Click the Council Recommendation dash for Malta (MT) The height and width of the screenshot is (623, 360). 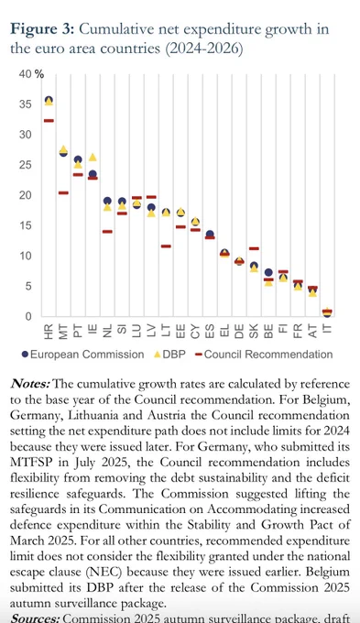[63, 192]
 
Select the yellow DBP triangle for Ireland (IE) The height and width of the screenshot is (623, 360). [93, 158]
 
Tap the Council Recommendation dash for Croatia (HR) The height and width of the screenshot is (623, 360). [49, 120]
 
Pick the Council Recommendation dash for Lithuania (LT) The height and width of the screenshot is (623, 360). [166, 246]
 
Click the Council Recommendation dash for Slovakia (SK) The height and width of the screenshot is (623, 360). [254, 248]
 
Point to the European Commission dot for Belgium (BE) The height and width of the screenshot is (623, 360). [268, 273]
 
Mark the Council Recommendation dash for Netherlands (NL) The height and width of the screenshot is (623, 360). [107, 231]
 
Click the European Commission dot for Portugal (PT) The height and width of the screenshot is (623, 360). [78, 159]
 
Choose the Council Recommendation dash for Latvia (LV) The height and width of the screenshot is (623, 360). [151, 197]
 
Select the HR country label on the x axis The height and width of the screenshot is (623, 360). [49, 333]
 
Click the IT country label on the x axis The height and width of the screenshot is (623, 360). [327, 330]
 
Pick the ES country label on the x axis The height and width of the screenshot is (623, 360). [210, 332]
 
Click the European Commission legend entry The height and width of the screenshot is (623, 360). [82, 355]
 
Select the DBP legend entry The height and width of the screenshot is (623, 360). [169, 355]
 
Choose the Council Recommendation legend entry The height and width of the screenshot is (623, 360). [264, 355]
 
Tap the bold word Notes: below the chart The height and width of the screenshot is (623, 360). [30, 384]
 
